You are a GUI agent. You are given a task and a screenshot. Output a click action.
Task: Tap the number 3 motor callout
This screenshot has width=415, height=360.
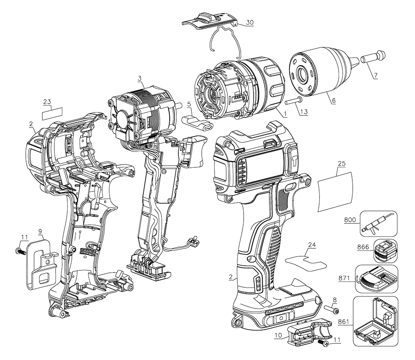[140, 78]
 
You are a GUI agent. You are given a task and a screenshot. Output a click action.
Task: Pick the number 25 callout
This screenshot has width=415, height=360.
[342, 163]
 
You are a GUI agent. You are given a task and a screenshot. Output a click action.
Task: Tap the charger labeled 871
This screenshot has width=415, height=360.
[376, 279]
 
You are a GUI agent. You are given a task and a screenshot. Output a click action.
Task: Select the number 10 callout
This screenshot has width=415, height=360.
[278, 335]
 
